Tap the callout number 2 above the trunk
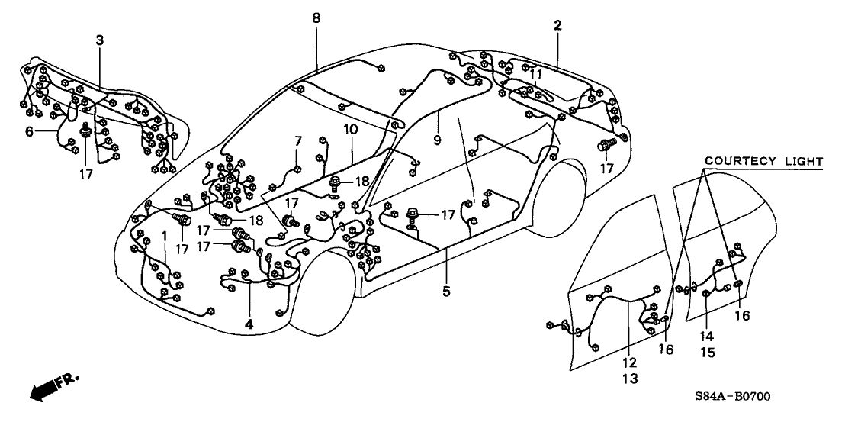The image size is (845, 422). (557, 25)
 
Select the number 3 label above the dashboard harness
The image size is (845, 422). (98, 40)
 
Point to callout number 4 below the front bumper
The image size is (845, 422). (249, 324)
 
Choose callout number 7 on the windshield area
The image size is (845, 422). (298, 140)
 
